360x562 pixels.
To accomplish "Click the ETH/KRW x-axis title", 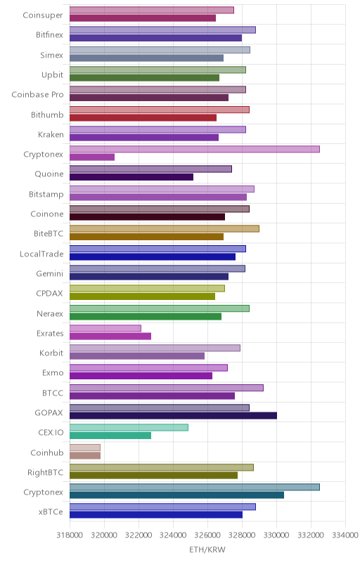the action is point(207,549).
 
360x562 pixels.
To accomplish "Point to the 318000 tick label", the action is point(70,535).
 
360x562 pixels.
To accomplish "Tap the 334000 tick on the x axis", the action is point(345,535).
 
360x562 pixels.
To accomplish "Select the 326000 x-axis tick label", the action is point(207,535).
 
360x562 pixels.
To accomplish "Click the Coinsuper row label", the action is point(43,15).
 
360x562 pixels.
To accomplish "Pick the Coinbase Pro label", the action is point(37,95).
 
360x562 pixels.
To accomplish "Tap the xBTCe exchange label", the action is point(51,512).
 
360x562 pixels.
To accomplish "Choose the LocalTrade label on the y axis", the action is point(41,254).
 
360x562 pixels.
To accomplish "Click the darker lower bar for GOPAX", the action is point(173,416).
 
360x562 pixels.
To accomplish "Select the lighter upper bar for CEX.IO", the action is point(129,428).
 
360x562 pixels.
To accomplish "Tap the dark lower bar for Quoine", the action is point(131,177).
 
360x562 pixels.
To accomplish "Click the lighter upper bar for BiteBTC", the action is point(165,229).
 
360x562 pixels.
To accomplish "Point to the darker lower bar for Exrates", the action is point(110,336).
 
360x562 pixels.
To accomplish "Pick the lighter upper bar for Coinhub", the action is point(85,447).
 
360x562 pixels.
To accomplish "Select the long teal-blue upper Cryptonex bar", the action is point(195,487).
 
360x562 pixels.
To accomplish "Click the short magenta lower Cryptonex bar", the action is point(92,157).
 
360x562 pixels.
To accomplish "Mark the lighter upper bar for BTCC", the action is point(167,388).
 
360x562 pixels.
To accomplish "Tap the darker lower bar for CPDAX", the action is point(142,296).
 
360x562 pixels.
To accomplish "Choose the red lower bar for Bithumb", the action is point(143,117).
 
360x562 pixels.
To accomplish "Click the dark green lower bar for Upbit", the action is point(145,78).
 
